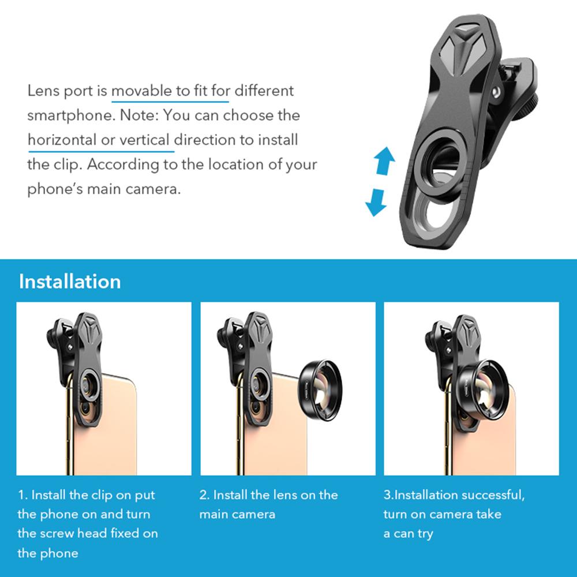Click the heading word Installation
[70, 282]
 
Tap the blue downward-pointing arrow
[376, 203]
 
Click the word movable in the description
[141, 91]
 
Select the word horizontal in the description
[62, 140]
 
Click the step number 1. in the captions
[23, 495]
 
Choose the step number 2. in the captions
[204, 495]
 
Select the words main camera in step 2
[237, 514]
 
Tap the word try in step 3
[425, 534]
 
